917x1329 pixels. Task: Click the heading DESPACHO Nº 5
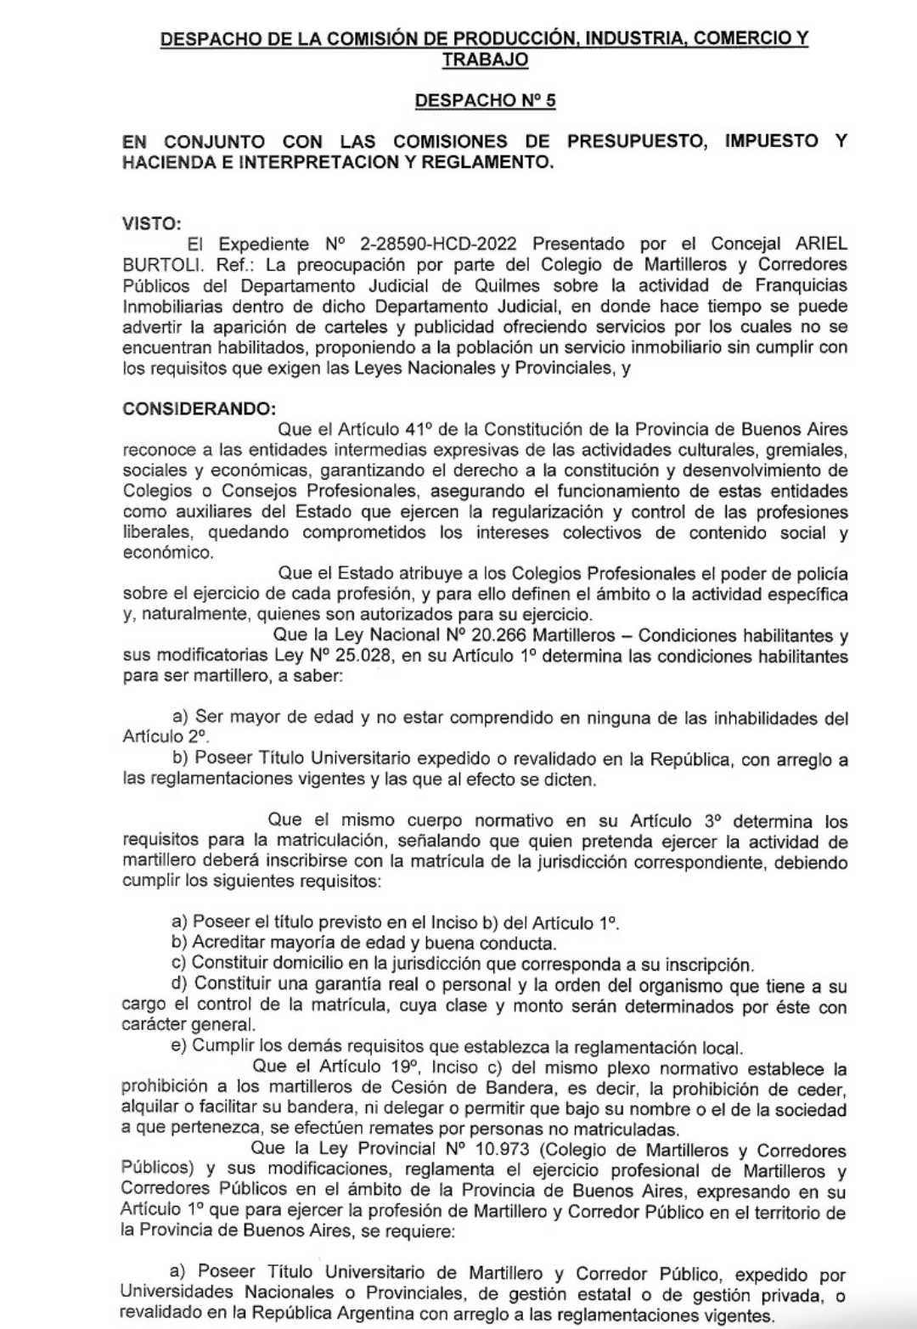tap(485, 101)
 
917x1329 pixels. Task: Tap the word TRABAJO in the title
tap(485, 59)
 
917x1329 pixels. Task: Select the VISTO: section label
tap(152, 223)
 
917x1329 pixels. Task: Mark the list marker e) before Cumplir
tap(179, 1046)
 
